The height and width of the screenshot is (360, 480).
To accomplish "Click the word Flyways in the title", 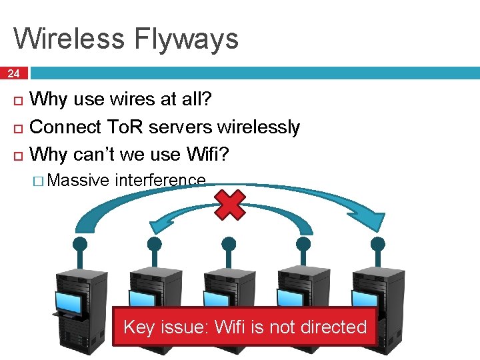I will pyautogui.click(x=185, y=39).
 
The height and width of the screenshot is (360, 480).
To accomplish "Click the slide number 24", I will pyautogui.click(x=14, y=73).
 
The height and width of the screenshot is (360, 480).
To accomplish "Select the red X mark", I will pyautogui.click(x=229, y=205).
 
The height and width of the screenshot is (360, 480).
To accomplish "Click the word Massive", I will pyautogui.click(x=79, y=180).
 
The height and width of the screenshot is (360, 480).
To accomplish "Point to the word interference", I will pyautogui.click(x=160, y=180).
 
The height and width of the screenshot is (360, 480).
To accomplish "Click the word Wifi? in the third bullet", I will pyautogui.click(x=208, y=154).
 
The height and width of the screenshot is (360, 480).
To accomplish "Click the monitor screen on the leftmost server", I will pyautogui.click(x=69, y=304).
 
